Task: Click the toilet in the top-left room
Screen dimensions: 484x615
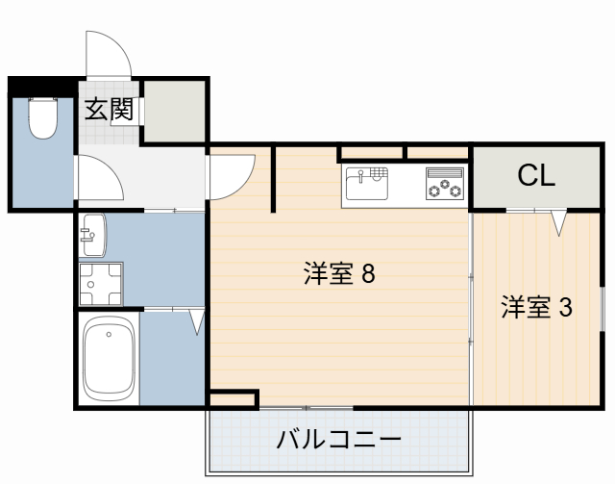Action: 41,119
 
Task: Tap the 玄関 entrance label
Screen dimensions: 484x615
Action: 108,110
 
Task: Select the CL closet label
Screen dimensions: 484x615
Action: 535,176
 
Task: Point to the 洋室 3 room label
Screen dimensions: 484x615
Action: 535,308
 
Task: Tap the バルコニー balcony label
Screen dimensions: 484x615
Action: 338,441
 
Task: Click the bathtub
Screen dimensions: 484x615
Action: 109,358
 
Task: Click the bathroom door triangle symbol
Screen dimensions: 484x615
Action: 197,320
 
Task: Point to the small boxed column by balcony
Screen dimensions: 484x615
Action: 234,397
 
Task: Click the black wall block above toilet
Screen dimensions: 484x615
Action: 40,86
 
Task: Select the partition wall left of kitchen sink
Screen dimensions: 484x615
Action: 275,178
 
